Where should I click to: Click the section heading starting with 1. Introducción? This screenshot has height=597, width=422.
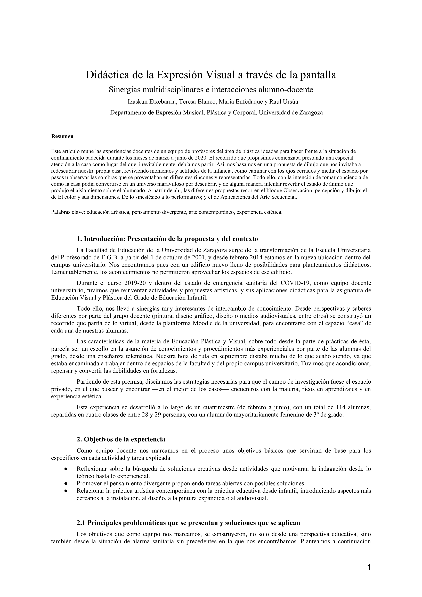click(x=167, y=239)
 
